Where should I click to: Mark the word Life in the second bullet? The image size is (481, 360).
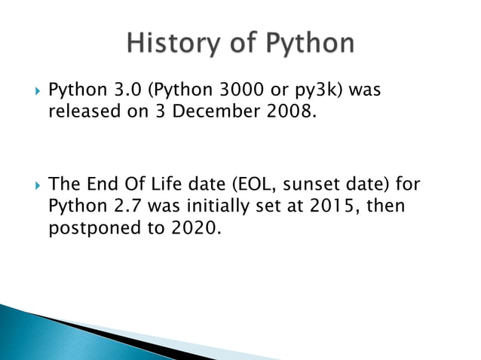178,185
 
